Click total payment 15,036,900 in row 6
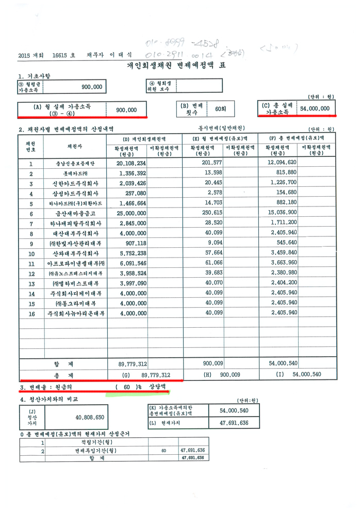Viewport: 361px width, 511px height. [x=284, y=213]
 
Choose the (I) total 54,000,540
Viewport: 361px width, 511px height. [x=307, y=375]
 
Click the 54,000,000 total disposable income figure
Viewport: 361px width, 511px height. [x=314, y=109]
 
